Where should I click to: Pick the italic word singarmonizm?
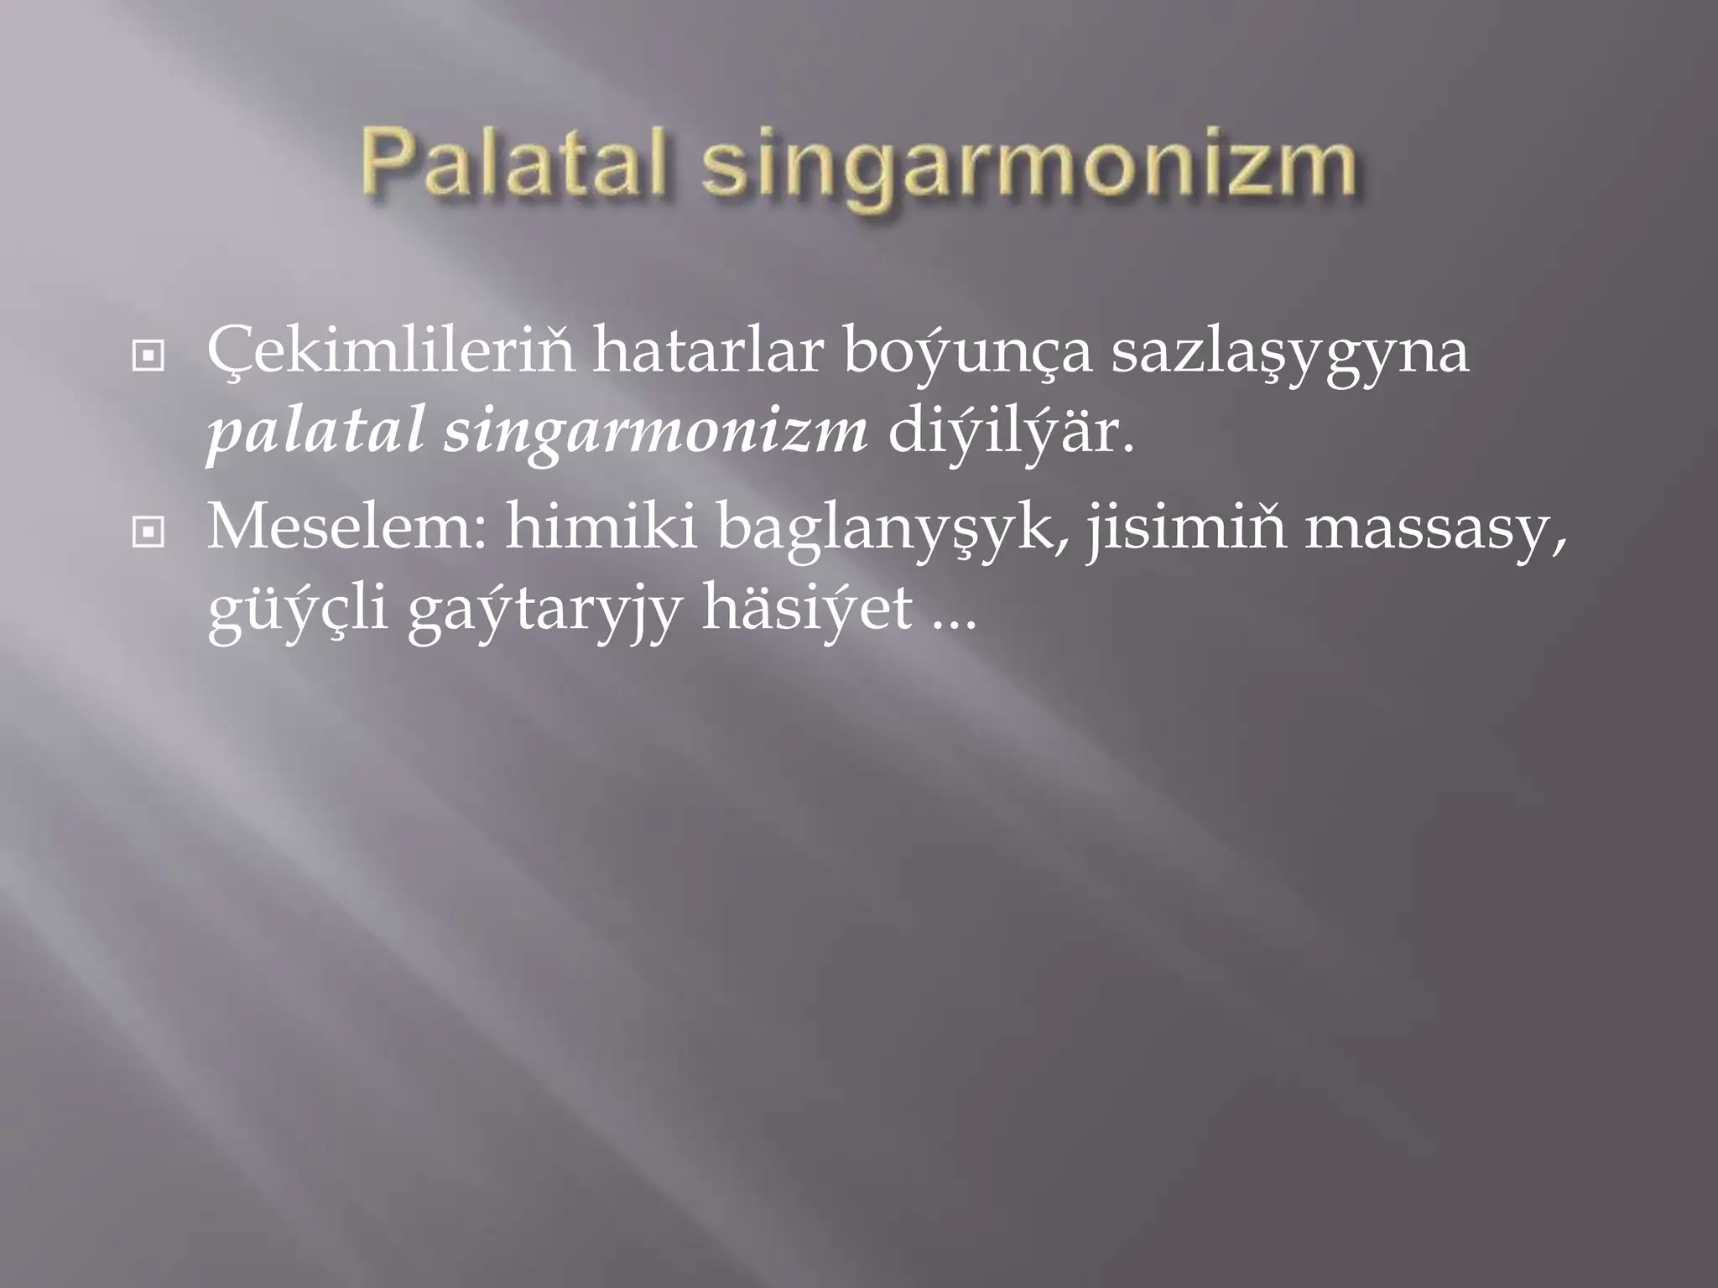tap(655, 436)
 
